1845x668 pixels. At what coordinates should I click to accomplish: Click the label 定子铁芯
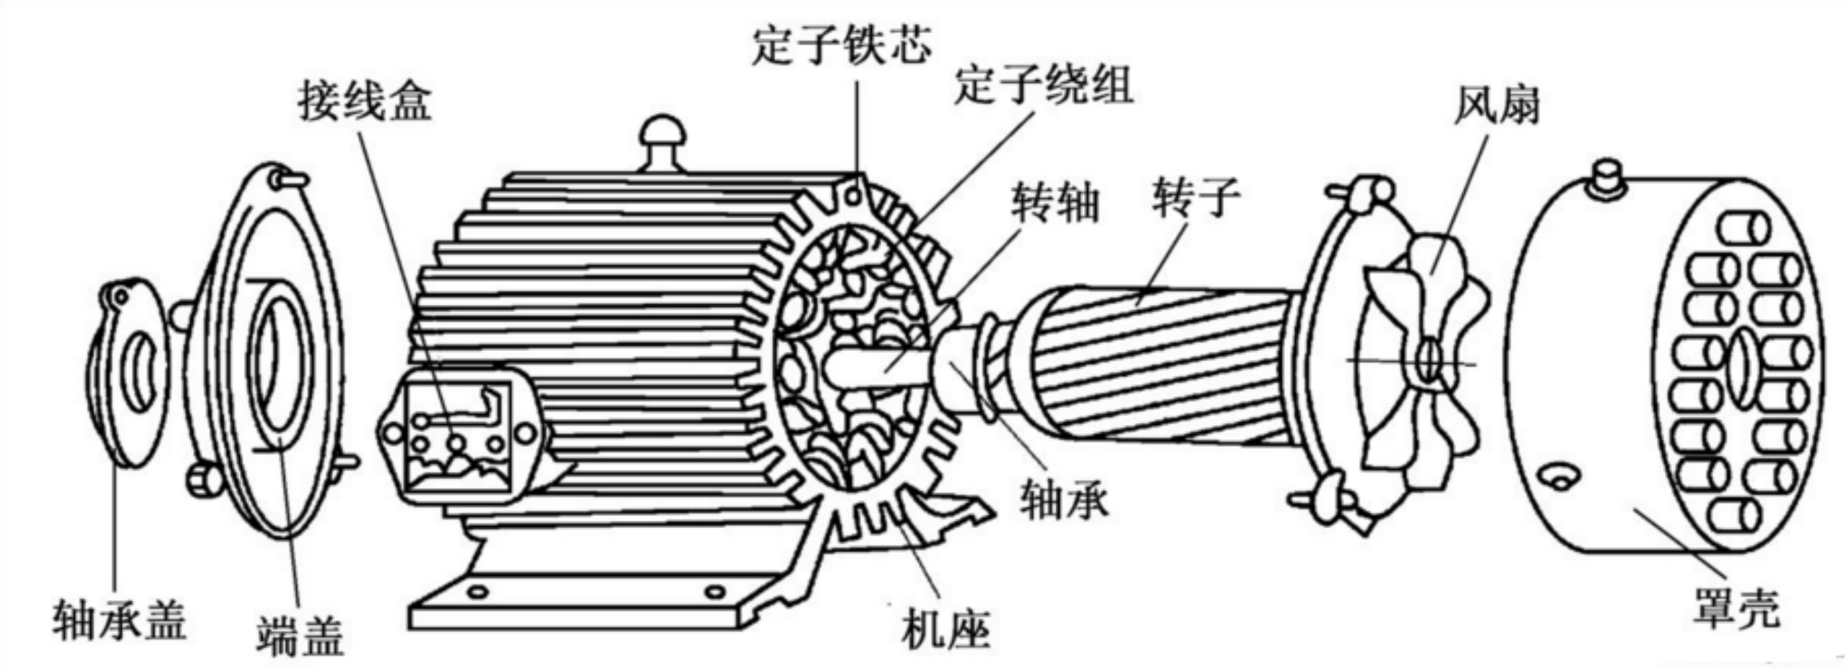841,45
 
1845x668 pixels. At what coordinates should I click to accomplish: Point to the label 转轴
1055,202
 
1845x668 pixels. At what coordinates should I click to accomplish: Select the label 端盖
300,634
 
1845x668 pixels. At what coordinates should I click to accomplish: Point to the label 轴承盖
119,620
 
